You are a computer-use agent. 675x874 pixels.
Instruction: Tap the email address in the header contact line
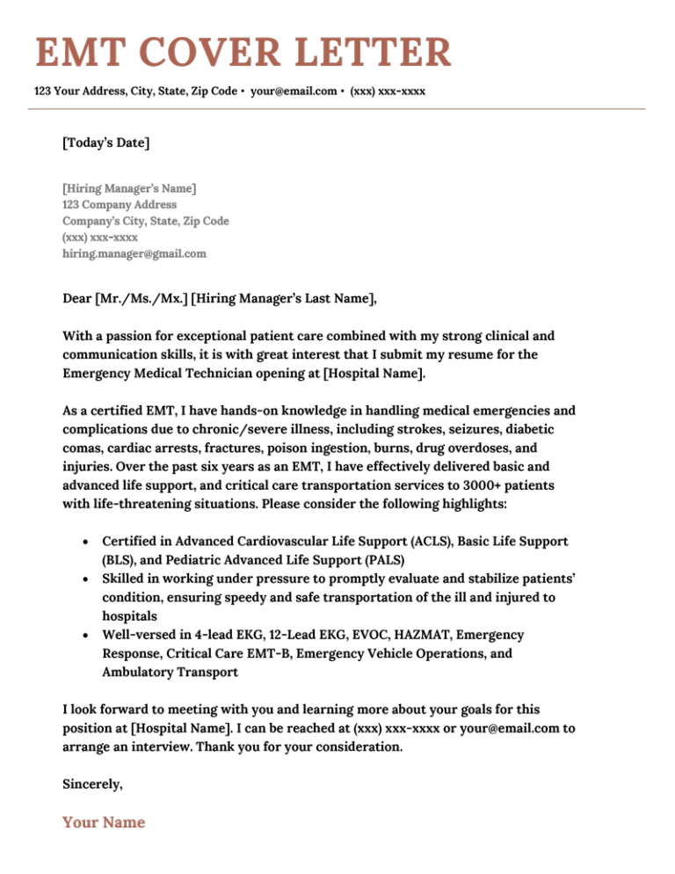pyautogui.click(x=294, y=91)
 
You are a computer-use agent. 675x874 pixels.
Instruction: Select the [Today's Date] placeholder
pyautogui.click(x=105, y=142)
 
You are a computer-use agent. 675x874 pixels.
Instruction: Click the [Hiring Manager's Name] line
pyautogui.click(x=129, y=188)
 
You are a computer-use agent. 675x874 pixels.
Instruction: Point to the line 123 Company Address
pyautogui.click(x=120, y=205)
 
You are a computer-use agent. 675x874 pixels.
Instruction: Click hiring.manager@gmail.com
pyautogui.click(x=134, y=253)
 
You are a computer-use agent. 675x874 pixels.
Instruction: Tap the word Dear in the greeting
pyautogui.click(x=76, y=299)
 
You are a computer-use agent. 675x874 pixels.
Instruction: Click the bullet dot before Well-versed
pyautogui.click(x=83, y=635)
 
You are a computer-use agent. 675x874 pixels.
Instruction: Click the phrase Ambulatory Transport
pyautogui.click(x=170, y=673)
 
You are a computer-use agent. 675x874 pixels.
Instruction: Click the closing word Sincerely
pyautogui.click(x=92, y=783)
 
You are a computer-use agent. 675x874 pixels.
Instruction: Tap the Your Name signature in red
pyautogui.click(x=103, y=823)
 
